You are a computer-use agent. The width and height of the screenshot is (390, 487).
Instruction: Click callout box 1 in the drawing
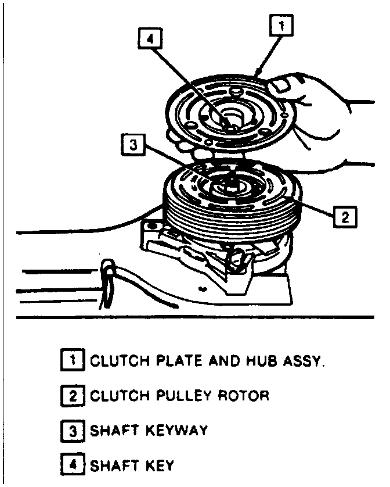tap(281, 26)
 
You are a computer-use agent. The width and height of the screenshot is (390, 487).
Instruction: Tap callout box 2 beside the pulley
tap(344, 217)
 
